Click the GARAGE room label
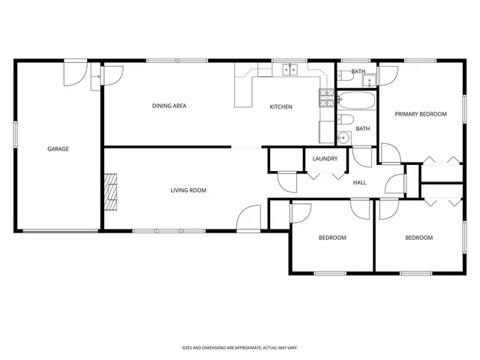58,148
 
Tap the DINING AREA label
169,106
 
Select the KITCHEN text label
281,106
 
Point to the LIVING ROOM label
187,190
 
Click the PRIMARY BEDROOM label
421,114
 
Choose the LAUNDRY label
325,159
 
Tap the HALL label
359,182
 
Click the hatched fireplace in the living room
111,192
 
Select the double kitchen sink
290,70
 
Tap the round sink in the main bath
343,137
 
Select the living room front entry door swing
248,218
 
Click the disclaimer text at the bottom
240,347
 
